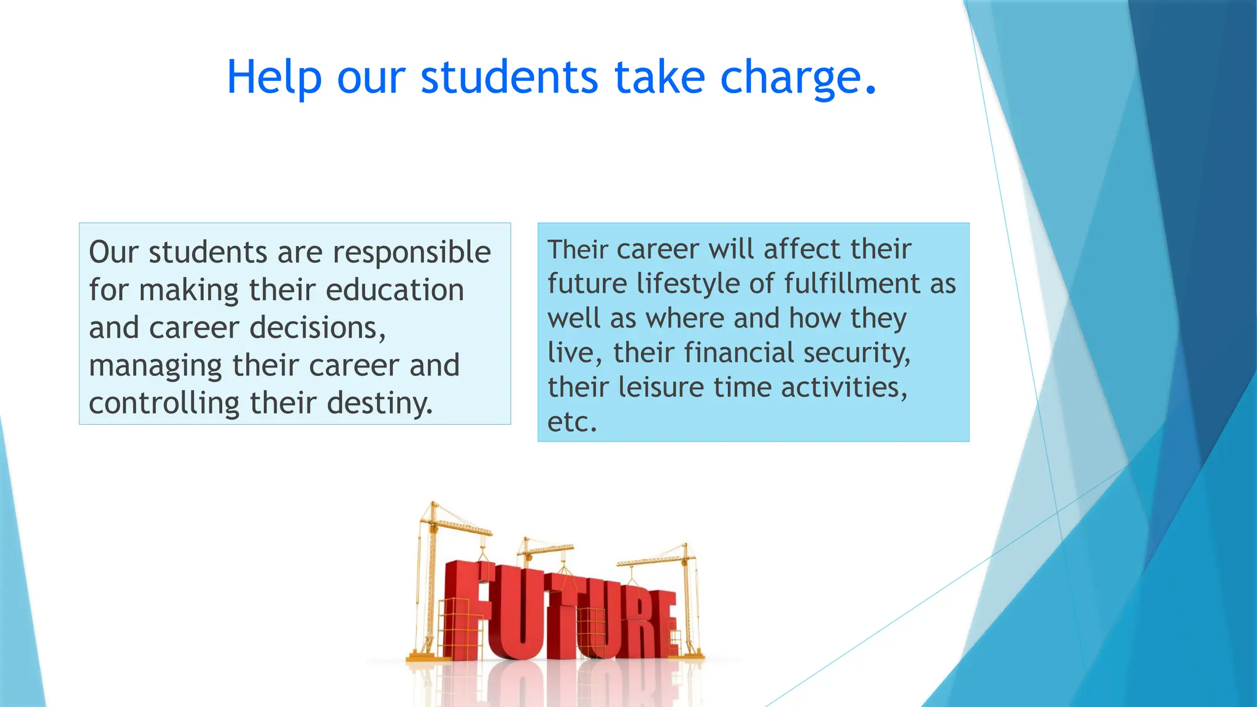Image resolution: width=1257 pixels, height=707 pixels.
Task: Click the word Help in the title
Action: [274, 78]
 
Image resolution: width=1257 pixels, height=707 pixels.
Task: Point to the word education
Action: [395, 290]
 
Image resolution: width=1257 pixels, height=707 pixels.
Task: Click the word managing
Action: [155, 366]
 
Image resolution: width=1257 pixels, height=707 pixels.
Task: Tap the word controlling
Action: [164, 404]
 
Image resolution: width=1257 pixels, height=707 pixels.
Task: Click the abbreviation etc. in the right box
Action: [571, 422]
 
